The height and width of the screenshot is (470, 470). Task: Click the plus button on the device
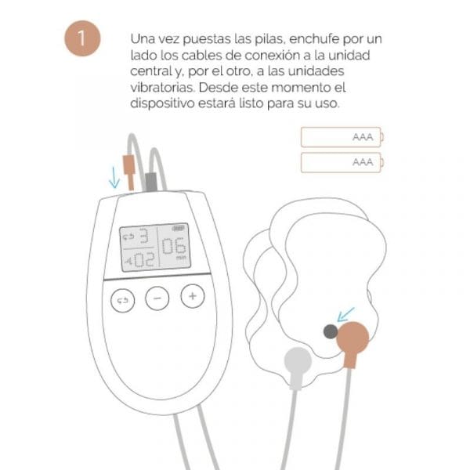click(x=193, y=296)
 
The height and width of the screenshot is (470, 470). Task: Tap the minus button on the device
click(x=157, y=298)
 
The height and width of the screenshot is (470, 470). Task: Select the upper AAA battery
click(x=342, y=137)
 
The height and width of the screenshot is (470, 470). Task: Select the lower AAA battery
click(x=342, y=162)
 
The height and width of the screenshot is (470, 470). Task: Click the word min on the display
click(x=181, y=258)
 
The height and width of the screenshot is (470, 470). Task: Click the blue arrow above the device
click(x=114, y=178)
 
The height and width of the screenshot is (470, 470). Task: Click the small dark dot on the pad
click(x=331, y=332)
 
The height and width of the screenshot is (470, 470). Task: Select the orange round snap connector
click(x=354, y=337)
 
